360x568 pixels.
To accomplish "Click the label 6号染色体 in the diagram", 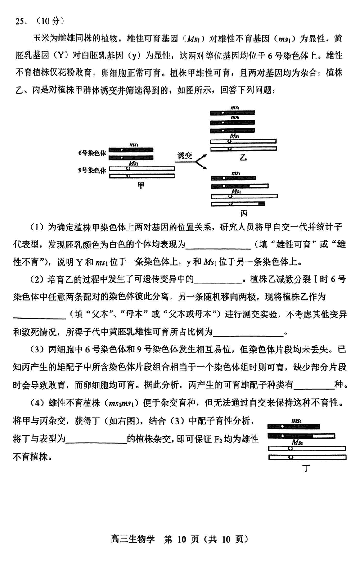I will (x=91, y=153).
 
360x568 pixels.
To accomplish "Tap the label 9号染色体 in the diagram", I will (x=91, y=171).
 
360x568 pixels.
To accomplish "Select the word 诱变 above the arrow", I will (x=184, y=156).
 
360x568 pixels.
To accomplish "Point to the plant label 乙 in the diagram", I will (x=243, y=158).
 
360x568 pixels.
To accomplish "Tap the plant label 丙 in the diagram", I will (x=244, y=212).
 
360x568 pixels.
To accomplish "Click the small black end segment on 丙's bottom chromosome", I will (x=261, y=204).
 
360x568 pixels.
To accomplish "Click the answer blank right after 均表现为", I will (x=218, y=246).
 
